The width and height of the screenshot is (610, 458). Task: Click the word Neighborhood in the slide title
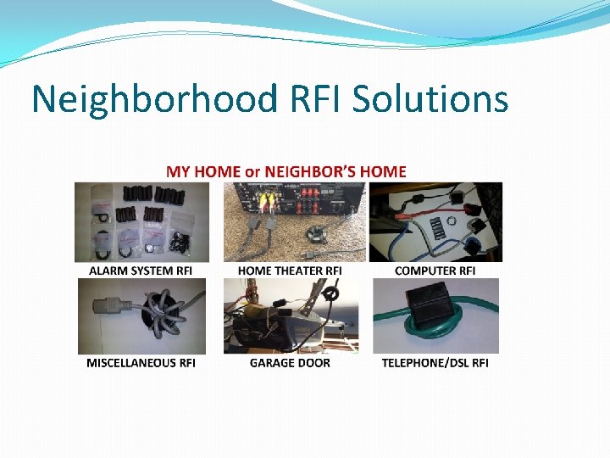(154, 99)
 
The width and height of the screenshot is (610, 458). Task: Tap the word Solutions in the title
(430, 99)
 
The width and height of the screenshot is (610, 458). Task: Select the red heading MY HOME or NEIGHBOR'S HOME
(286, 171)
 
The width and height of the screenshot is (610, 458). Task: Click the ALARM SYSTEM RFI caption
(141, 271)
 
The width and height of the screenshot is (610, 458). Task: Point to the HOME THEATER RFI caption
(290, 271)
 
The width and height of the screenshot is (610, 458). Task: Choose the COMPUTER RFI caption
(435, 271)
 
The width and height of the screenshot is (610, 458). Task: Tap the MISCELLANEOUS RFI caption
(141, 363)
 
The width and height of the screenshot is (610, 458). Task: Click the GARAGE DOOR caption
(290, 363)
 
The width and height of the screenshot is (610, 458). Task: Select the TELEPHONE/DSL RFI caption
(435, 363)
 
